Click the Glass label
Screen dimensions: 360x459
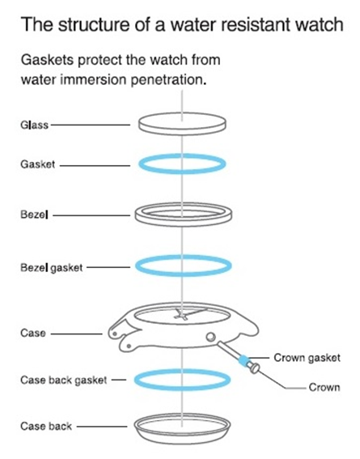point(34,125)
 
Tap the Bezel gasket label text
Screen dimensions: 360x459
point(52,268)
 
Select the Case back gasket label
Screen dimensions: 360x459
point(63,380)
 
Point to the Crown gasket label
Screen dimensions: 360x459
point(307,358)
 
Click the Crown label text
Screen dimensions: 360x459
point(324,387)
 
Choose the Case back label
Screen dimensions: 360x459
point(46,426)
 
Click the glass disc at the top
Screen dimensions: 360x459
point(182,123)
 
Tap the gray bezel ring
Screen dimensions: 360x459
point(184,224)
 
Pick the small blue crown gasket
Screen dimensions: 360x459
point(244,359)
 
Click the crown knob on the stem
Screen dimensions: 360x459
point(254,368)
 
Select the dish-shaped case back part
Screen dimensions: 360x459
point(182,439)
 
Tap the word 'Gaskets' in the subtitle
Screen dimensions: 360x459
point(48,60)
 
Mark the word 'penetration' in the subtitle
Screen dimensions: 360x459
point(168,79)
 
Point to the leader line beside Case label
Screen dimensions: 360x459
point(77,334)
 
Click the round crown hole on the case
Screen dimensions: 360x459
point(210,337)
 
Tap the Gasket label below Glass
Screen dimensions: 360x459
point(38,164)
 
